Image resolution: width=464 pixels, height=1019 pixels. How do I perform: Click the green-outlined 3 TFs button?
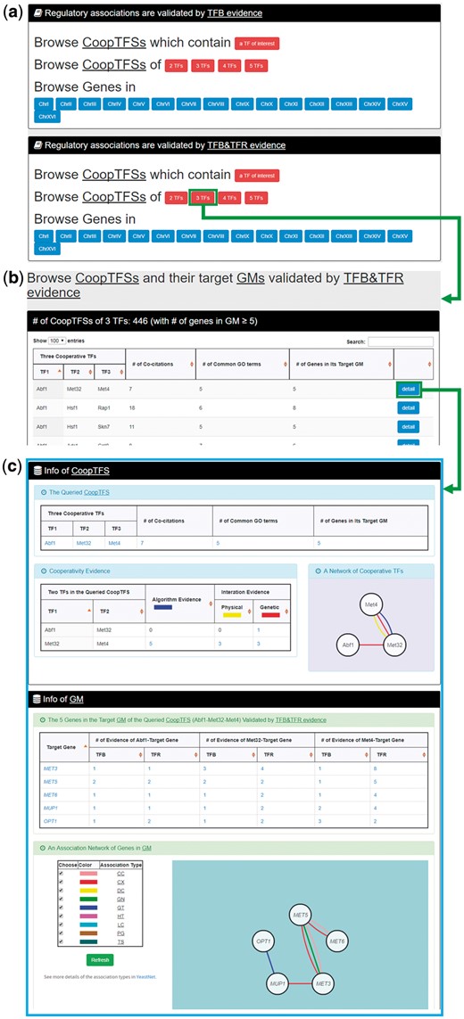(203, 198)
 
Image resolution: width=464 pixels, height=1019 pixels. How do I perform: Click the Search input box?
(400, 341)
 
